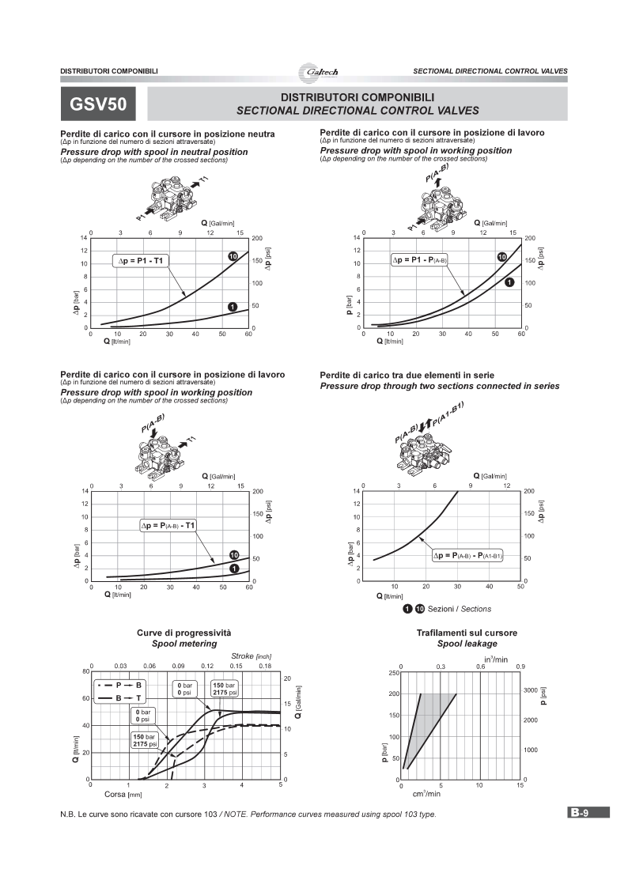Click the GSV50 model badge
[98, 104]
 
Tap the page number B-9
[588, 812]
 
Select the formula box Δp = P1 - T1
[143, 260]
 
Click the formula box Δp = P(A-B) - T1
[168, 525]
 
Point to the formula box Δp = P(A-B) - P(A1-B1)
[467, 556]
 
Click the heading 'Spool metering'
[183, 644]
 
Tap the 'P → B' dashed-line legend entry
[119, 685]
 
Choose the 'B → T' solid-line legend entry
[119, 698]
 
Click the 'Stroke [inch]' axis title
[252, 656]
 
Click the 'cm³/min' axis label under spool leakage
[426, 793]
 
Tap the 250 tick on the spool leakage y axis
[392, 673]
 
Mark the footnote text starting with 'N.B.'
[248, 814]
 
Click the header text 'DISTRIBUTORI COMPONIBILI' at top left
[109, 71]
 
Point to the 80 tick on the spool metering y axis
[85, 671]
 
